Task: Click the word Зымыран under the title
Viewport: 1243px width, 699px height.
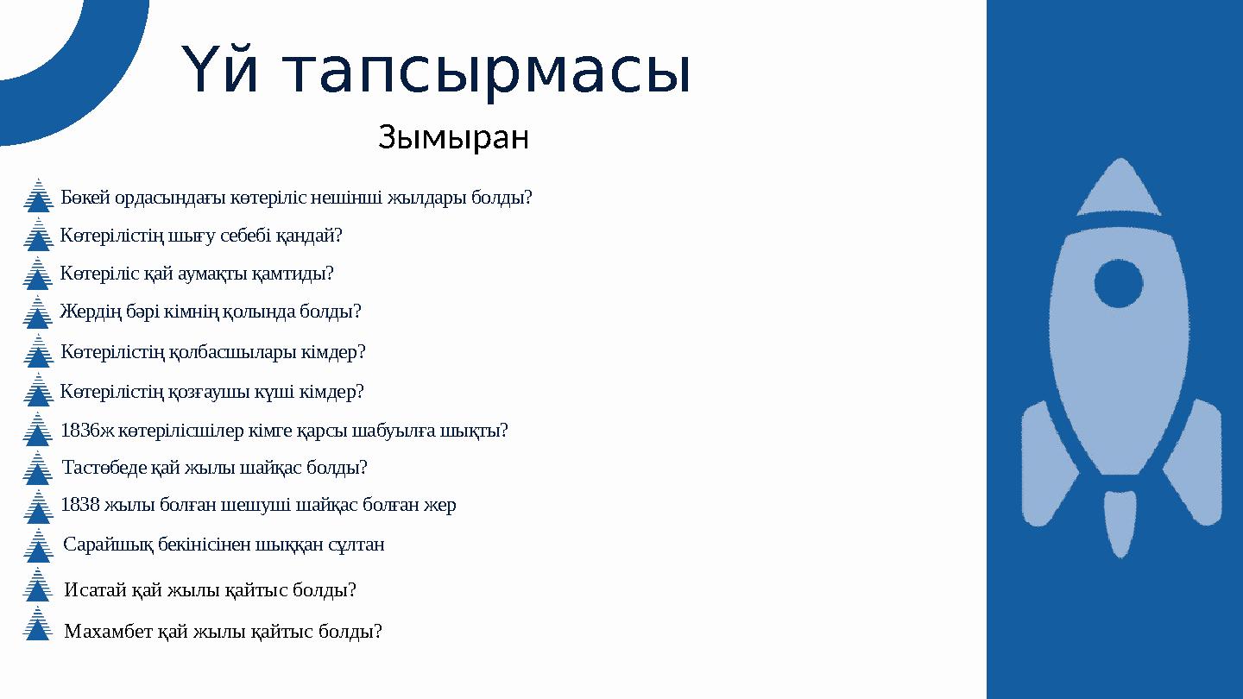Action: pyautogui.click(x=453, y=137)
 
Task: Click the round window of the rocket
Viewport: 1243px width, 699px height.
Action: pyautogui.click(x=1119, y=283)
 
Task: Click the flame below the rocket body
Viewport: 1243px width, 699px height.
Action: pyautogui.click(x=1120, y=522)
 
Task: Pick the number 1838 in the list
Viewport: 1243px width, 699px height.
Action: pyautogui.click(x=80, y=505)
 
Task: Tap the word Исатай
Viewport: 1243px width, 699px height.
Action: pyautogui.click(x=95, y=590)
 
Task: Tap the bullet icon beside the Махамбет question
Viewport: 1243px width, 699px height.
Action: pyautogui.click(x=37, y=624)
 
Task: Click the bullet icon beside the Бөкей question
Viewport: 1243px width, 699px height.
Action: pyautogui.click(x=37, y=196)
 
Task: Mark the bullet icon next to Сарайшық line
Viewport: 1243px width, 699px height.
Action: pyautogui.click(x=37, y=545)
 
